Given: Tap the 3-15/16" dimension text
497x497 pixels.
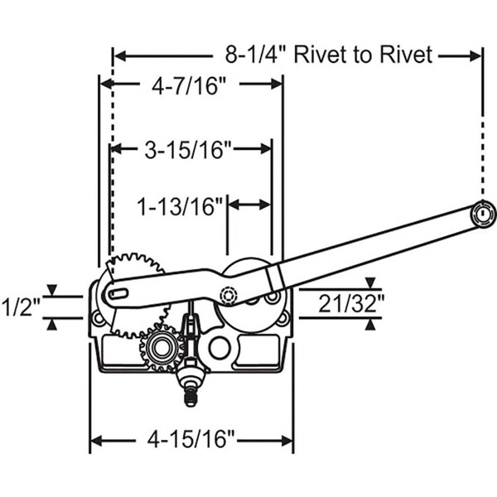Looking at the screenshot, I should [x=187, y=149].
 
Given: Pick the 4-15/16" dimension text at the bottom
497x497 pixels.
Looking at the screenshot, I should [x=191, y=435].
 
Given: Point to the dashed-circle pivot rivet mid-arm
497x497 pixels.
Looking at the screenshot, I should [x=229, y=294].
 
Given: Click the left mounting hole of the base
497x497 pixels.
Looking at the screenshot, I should [x=99, y=317].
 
